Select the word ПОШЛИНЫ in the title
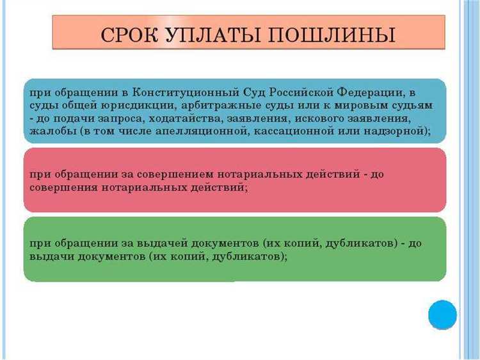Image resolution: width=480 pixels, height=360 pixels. tap(330, 35)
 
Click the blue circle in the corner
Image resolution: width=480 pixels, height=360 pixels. tap(442, 315)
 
